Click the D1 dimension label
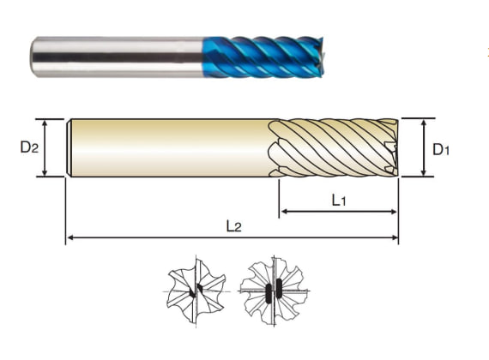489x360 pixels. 441,150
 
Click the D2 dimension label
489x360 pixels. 29,147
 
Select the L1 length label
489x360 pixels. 339,200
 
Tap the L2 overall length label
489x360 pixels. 234,226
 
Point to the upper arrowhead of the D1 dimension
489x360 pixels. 424,123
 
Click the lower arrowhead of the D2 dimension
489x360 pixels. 45,172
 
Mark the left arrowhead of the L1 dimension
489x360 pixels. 284,212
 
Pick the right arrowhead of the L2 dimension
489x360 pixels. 394,237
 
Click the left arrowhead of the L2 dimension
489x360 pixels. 70,237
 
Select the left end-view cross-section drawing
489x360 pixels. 196,291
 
